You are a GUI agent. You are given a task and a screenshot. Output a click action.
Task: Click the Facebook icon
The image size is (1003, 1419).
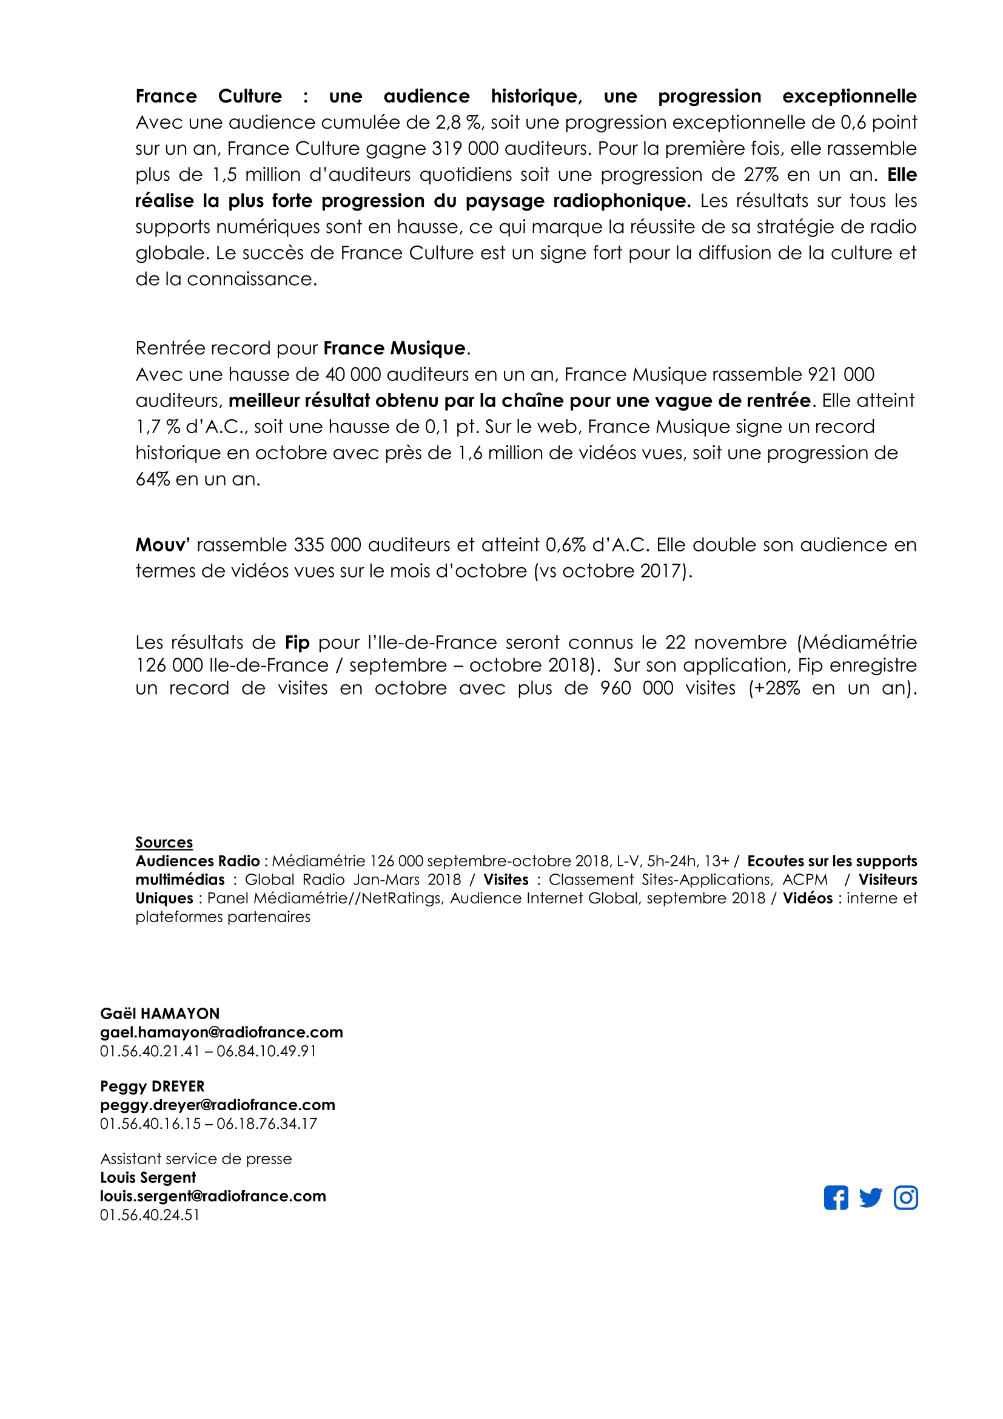(x=836, y=1198)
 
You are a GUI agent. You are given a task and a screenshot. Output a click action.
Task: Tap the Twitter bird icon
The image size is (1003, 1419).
(x=870, y=1198)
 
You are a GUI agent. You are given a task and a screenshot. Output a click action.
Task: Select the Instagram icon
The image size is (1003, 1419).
(x=905, y=1198)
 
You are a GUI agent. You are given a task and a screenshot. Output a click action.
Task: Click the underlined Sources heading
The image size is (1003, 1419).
(x=164, y=843)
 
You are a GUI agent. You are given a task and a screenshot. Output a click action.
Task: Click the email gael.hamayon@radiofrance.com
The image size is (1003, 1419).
(x=221, y=1032)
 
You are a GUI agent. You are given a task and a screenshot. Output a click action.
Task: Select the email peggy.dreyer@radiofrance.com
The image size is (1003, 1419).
(x=218, y=1104)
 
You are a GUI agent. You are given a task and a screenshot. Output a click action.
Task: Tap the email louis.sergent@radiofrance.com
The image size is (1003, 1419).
(x=213, y=1196)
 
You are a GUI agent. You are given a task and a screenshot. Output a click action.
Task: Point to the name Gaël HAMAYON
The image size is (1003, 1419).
(x=159, y=1014)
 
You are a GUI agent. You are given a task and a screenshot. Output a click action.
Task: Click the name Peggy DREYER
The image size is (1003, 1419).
(x=152, y=1086)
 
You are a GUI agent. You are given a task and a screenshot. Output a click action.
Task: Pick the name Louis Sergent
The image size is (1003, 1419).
(x=147, y=1178)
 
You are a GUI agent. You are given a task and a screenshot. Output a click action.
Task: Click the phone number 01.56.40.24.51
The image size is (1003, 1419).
(x=149, y=1215)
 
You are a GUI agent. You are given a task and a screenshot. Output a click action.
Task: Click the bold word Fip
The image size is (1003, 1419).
(x=297, y=642)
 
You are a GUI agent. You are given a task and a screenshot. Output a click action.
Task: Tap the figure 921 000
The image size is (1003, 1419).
(x=841, y=374)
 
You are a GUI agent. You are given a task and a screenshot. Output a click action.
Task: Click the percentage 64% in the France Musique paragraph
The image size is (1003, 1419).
(x=153, y=479)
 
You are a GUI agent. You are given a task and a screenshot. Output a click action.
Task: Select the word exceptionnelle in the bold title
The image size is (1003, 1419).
(x=849, y=96)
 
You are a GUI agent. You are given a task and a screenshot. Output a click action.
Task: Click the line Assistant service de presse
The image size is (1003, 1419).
(x=196, y=1159)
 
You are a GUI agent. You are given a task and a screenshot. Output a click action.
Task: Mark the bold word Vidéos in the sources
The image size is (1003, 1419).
(x=808, y=898)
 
